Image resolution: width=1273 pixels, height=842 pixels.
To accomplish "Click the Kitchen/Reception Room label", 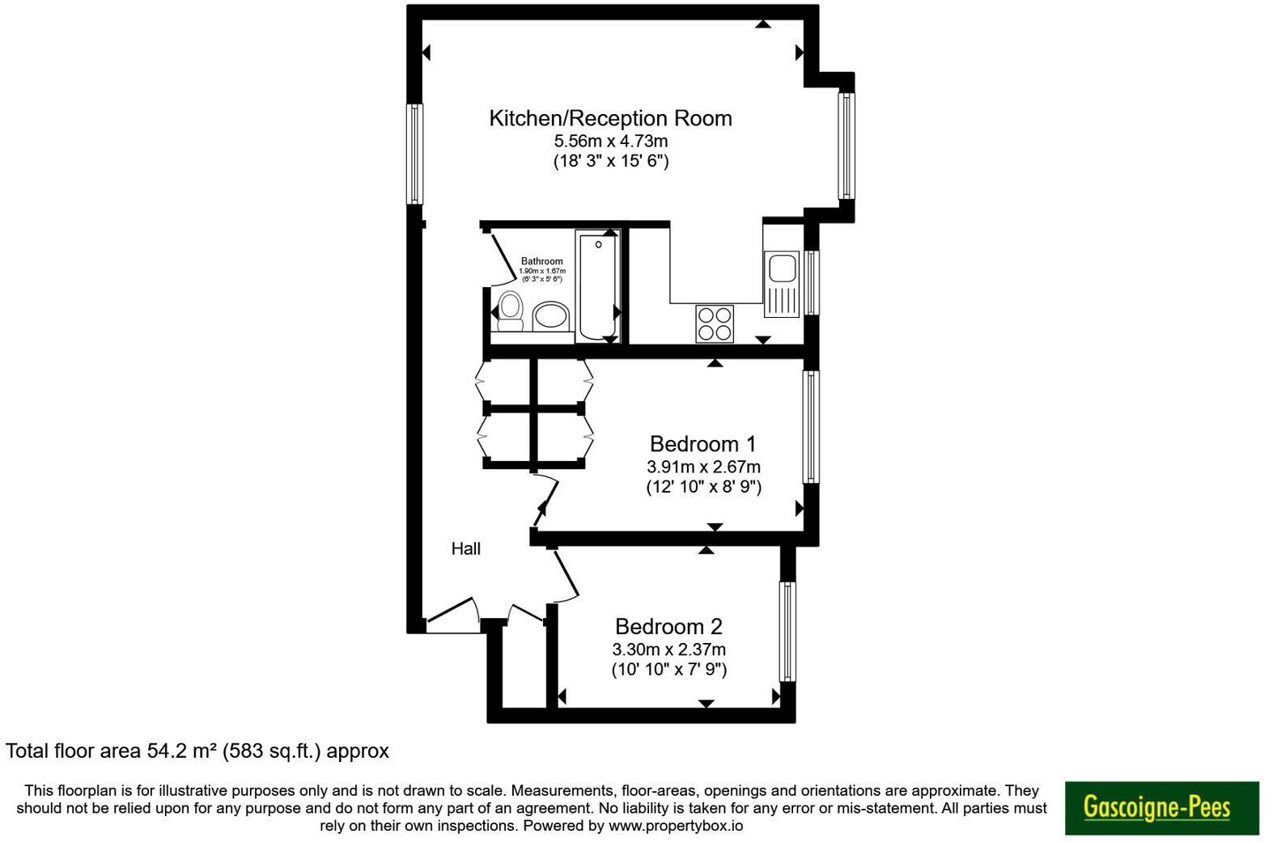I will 610,118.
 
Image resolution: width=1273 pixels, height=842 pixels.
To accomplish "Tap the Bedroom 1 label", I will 702,444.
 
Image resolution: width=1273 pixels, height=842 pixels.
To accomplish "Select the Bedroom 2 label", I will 668,627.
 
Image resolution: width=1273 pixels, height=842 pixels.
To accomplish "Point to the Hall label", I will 465,549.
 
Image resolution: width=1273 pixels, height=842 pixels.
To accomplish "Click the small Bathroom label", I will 541,261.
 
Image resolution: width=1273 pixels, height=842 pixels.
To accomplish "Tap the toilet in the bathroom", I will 510,310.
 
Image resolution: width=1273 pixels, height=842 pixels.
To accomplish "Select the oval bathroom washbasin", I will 550,316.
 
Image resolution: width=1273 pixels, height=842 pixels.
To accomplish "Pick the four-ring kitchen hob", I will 715,324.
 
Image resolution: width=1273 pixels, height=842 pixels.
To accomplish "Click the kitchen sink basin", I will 782,267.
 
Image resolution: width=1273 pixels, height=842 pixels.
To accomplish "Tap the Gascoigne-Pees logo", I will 1161,807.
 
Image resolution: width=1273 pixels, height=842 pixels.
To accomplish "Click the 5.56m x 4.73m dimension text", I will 610,141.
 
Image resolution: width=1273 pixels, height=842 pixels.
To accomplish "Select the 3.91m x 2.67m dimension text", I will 702,467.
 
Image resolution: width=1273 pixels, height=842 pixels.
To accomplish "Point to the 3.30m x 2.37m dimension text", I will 668,649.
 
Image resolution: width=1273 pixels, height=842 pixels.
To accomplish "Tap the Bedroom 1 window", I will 810,426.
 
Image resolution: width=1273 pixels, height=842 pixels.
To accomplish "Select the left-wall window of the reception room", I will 414,154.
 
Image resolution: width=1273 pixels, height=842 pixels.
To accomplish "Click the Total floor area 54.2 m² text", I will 197,751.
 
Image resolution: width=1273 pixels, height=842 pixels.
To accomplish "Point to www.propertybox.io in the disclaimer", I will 675,826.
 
